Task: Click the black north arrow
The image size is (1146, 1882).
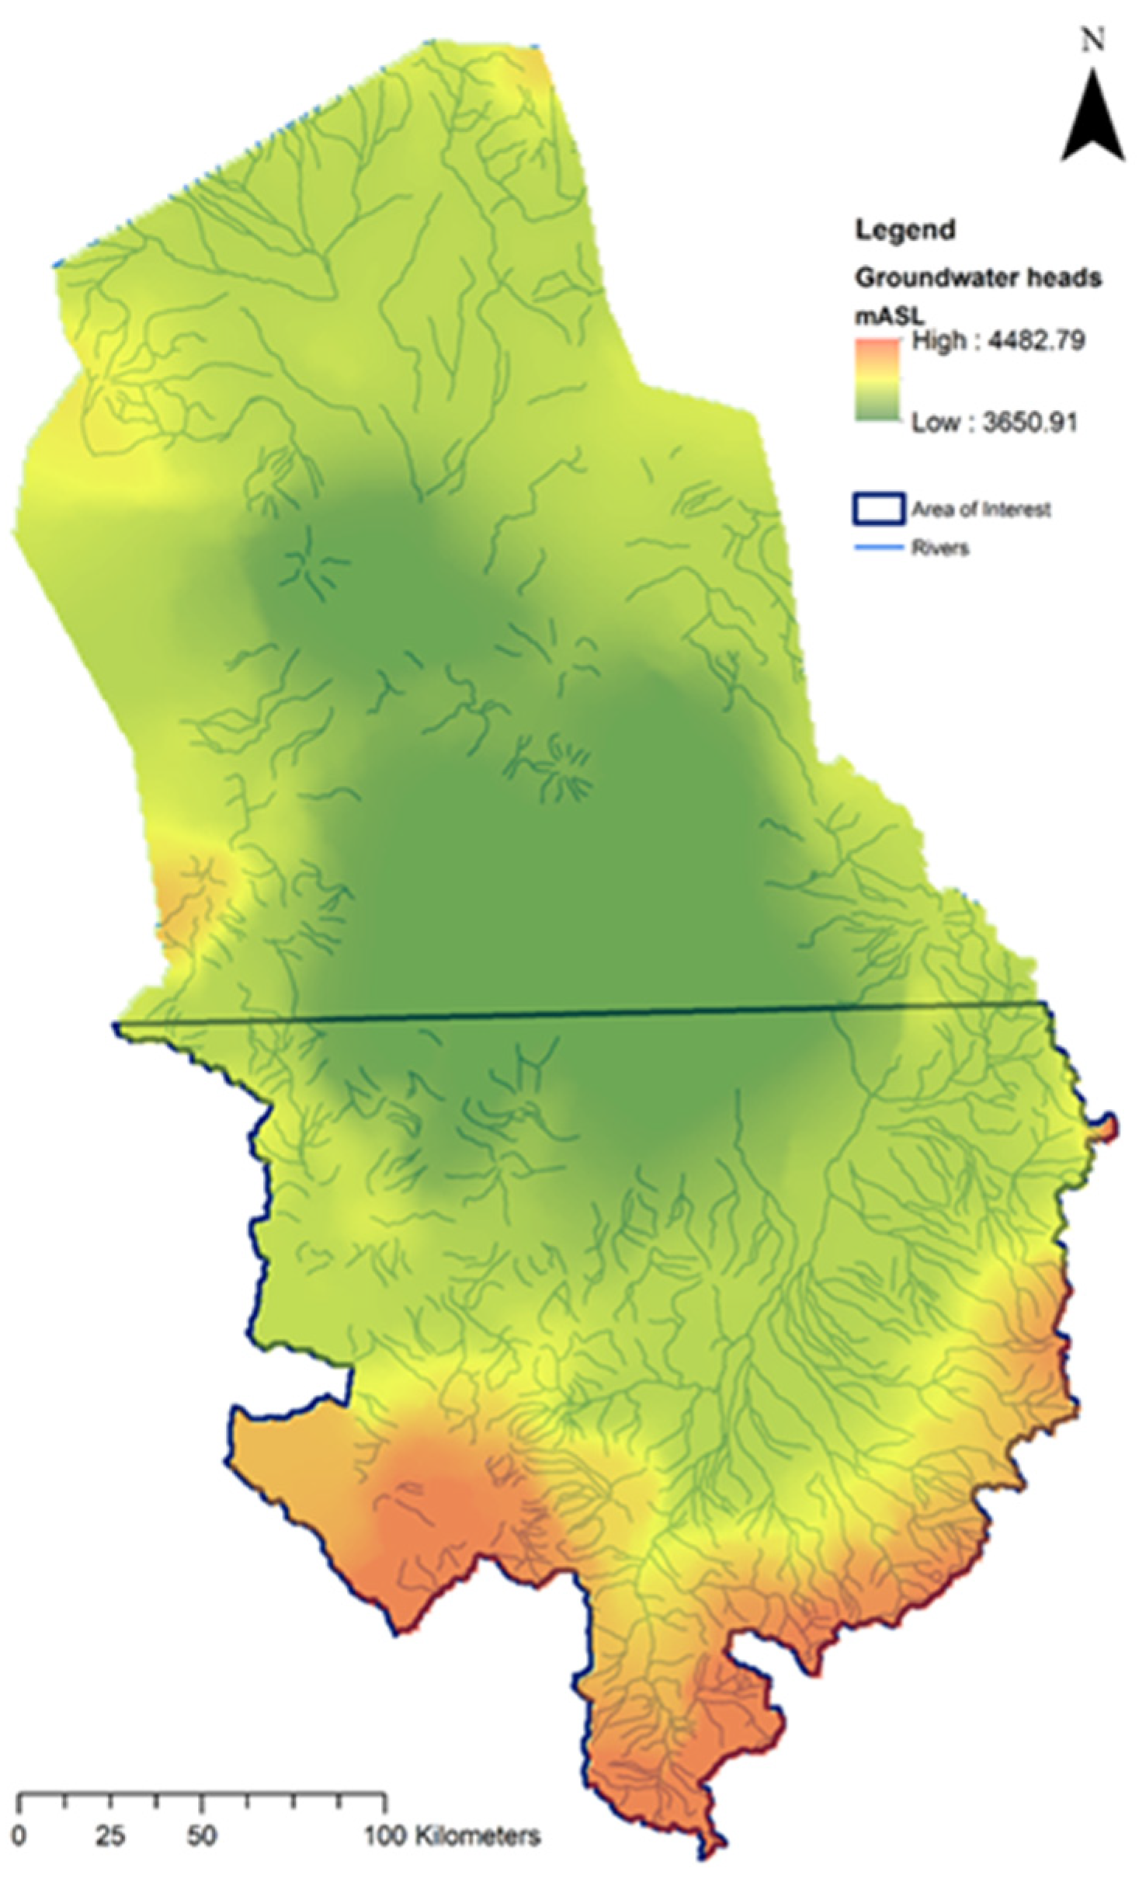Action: click(1092, 120)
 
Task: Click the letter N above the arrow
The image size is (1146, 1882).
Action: click(1093, 40)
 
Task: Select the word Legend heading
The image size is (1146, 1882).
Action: click(905, 230)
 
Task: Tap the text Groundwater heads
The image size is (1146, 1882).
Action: click(978, 277)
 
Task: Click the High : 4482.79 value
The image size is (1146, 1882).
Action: click(998, 340)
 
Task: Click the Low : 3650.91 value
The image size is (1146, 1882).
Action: click(994, 423)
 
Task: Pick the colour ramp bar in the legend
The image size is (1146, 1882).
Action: click(877, 381)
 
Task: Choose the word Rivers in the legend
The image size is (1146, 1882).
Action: click(939, 548)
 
